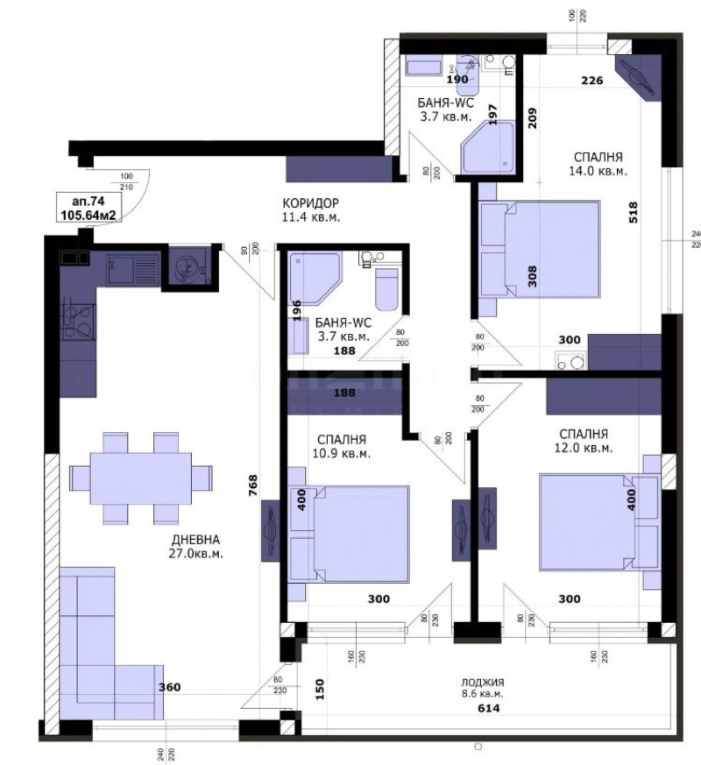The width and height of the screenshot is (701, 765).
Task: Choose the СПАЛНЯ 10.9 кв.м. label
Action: click(x=342, y=446)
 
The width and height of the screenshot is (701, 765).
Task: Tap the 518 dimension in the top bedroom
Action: click(x=633, y=212)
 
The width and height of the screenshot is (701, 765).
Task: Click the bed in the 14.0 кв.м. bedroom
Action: click(x=540, y=250)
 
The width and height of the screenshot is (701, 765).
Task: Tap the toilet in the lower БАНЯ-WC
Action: click(x=386, y=284)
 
